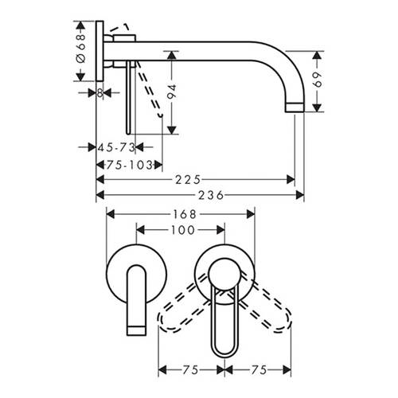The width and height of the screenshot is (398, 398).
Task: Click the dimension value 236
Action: (x=211, y=196)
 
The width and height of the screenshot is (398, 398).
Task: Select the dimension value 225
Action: (x=188, y=180)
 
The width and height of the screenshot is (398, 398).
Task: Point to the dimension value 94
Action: (x=172, y=92)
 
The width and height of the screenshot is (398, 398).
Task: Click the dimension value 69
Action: (x=318, y=80)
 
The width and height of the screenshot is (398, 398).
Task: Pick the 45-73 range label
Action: (x=117, y=147)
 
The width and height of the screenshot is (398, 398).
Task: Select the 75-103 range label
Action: (x=130, y=166)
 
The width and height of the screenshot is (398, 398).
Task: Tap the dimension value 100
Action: (x=183, y=230)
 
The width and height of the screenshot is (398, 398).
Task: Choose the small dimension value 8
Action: (x=99, y=93)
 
